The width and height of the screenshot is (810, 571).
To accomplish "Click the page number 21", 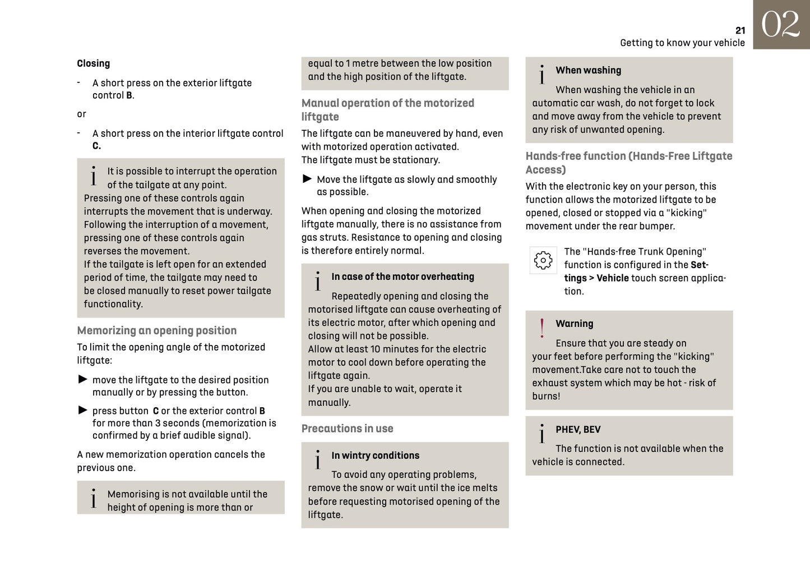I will pyautogui.click(x=740, y=31).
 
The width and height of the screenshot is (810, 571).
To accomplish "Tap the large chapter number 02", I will pyautogui.click(x=780, y=25).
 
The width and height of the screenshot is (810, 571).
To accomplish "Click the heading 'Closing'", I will pyautogui.click(x=93, y=63).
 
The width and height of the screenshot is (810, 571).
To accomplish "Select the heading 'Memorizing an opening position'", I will pyautogui.click(x=156, y=330).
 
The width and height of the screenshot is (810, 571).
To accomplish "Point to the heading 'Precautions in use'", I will pyautogui.click(x=347, y=429).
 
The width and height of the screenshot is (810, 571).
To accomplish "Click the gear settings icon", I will pyautogui.click(x=543, y=260).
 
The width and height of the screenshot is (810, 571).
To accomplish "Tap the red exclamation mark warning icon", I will pyautogui.click(x=542, y=328).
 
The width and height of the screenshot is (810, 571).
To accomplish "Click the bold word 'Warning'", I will pyautogui.click(x=574, y=324).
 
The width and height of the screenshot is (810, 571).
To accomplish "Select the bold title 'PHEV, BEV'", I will pyautogui.click(x=578, y=430).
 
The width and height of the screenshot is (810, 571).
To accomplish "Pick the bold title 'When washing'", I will pyautogui.click(x=588, y=70).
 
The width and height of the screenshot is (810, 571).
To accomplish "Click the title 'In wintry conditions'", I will pyautogui.click(x=375, y=455).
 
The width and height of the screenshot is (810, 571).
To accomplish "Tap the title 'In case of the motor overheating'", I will pyautogui.click(x=402, y=277).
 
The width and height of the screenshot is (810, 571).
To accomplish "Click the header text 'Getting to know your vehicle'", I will pyautogui.click(x=682, y=43).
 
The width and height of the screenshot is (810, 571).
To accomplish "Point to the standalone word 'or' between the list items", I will pyautogui.click(x=81, y=114).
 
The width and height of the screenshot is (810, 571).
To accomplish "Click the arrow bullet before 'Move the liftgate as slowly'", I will pyautogui.click(x=307, y=179).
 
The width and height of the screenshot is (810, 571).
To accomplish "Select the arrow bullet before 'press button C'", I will pyautogui.click(x=83, y=410).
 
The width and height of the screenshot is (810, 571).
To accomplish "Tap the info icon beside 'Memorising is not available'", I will pyautogui.click(x=94, y=499).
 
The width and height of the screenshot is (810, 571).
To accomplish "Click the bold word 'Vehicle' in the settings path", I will pyautogui.click(x=612, y=278).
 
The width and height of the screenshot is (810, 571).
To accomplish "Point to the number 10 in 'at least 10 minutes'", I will pyautogui.click(x=375, y=349).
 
